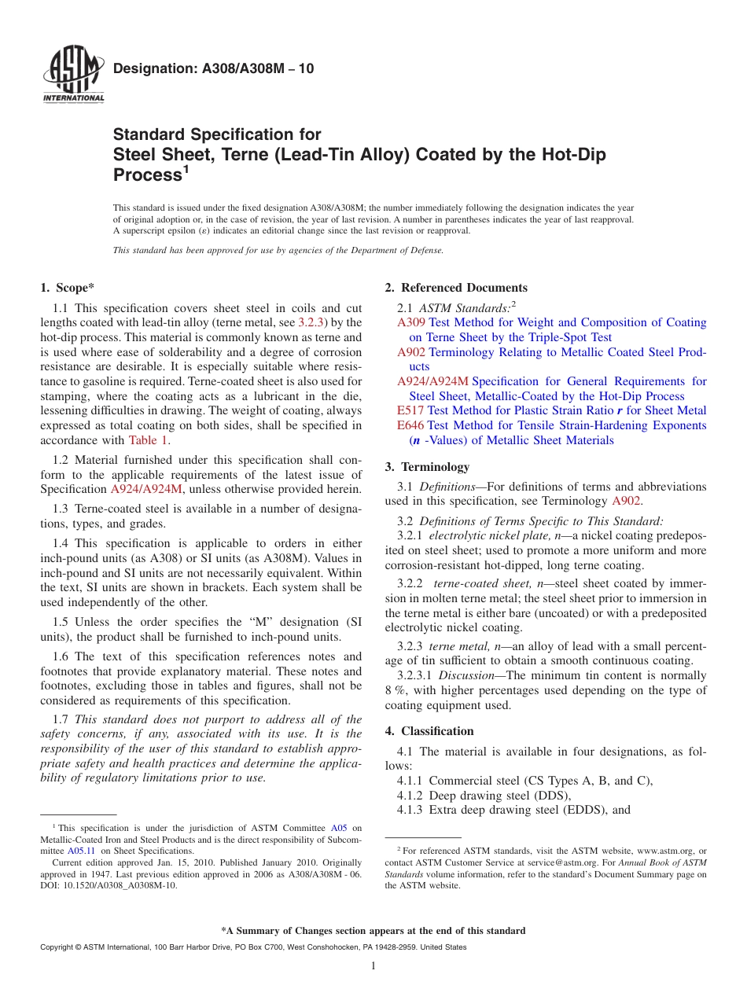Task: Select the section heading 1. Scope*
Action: click(68, 288)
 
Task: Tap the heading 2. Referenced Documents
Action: click(456, 288)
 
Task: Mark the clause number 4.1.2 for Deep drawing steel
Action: click(411, 796)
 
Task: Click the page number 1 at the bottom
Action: click(373, 966)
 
